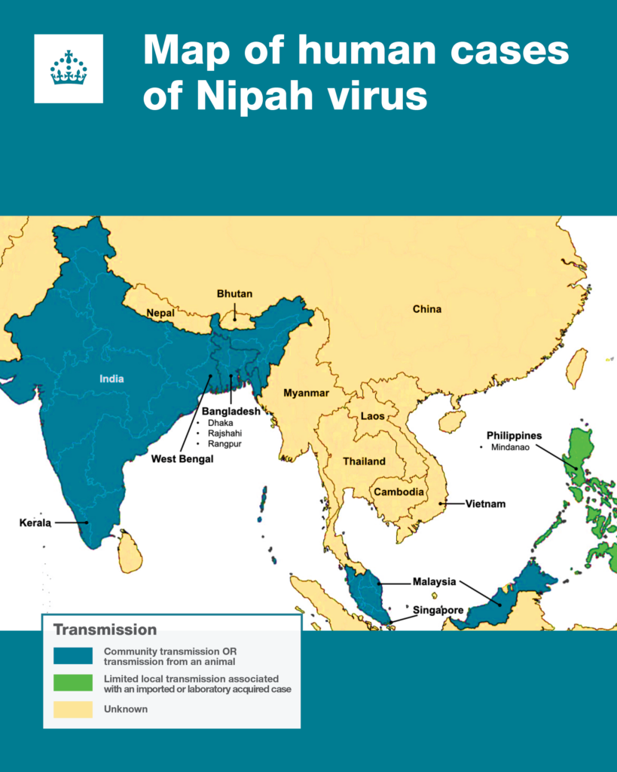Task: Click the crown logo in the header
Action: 69,68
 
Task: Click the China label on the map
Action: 427,309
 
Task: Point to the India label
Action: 111,378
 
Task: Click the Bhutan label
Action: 234,293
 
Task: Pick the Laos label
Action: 372,416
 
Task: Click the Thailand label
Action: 364,461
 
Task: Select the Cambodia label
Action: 397,492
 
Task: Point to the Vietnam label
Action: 485,504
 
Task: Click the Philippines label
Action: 514,436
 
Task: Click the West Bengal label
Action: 182,458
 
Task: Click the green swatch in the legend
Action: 73,683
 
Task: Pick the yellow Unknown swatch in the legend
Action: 73,709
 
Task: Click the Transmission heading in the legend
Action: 105,630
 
